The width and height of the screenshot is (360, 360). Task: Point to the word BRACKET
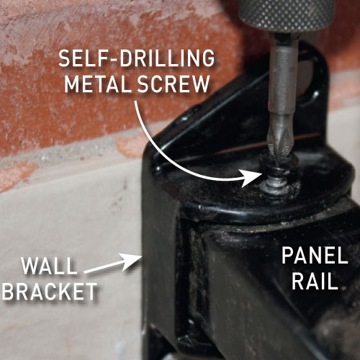pos(50,292)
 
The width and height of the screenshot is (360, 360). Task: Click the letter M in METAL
pos(72,84)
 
